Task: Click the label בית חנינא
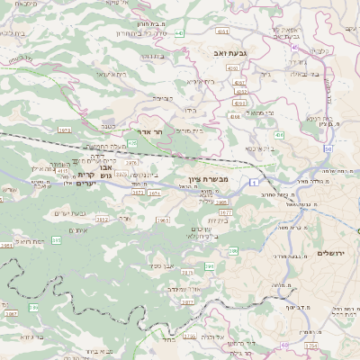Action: (323, 117)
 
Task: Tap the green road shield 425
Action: (132, 143)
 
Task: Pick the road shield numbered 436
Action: (279, 135)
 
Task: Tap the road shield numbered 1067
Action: (10, 313)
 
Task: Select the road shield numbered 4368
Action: (235, 116)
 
